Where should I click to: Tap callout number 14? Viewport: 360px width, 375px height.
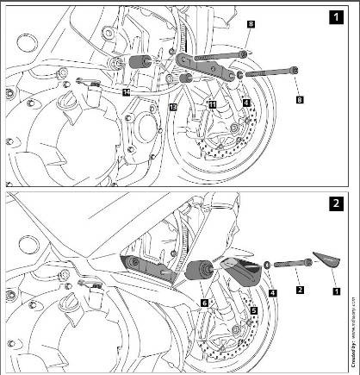(126, 91)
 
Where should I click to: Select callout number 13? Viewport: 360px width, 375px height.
(172, 107)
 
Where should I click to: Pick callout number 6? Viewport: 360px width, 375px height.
(204, 303)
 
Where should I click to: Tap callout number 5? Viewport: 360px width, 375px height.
(253, 308)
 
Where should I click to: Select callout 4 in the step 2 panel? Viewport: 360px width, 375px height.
(272, 293)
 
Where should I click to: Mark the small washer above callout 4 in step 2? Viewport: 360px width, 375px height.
(269, 263)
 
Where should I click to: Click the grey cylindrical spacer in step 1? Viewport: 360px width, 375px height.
(139, 63)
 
